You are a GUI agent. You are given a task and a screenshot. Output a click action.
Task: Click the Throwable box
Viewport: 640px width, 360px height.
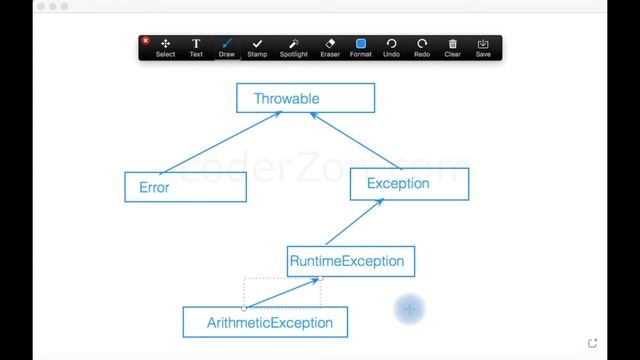(305, 98)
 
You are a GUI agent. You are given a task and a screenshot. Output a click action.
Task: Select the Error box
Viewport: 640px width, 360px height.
(185, 187)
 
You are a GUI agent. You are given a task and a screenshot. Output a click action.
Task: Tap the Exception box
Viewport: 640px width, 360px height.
(409, 184)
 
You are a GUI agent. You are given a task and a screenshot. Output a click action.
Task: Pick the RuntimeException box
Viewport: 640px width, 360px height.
(350, 262)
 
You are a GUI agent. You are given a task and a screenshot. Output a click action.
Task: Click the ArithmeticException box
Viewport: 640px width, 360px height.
(264, 322)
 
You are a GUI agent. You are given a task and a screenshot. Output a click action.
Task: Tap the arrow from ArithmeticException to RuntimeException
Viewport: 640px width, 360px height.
(282, 293)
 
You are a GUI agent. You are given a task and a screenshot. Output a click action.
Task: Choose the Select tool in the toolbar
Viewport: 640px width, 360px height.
(165, 47)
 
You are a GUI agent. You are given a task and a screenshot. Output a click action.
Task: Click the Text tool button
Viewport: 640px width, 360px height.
(196, 47)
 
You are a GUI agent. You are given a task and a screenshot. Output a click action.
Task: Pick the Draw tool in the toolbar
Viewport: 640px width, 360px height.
(227, 47)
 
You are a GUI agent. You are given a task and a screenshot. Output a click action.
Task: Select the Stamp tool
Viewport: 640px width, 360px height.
(257, 47)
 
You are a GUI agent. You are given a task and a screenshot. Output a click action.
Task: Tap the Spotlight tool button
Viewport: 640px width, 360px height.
(294, 47)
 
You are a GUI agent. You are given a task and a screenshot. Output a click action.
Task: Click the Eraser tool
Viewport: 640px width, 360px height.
(330, 47)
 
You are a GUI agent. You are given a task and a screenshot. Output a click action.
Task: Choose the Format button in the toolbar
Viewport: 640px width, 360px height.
(361, 47)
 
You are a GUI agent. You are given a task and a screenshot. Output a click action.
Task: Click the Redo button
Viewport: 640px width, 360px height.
(422, 47)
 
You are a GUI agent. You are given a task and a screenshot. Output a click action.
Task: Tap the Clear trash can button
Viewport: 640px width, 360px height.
(452, 47)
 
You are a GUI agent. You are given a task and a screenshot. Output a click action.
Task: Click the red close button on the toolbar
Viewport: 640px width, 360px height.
(146, 41)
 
